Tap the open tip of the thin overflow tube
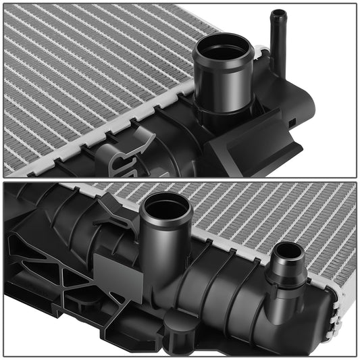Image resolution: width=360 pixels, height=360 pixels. [x=278, y=14]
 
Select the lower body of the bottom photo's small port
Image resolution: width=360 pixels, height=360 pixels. [x=280, y=301]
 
